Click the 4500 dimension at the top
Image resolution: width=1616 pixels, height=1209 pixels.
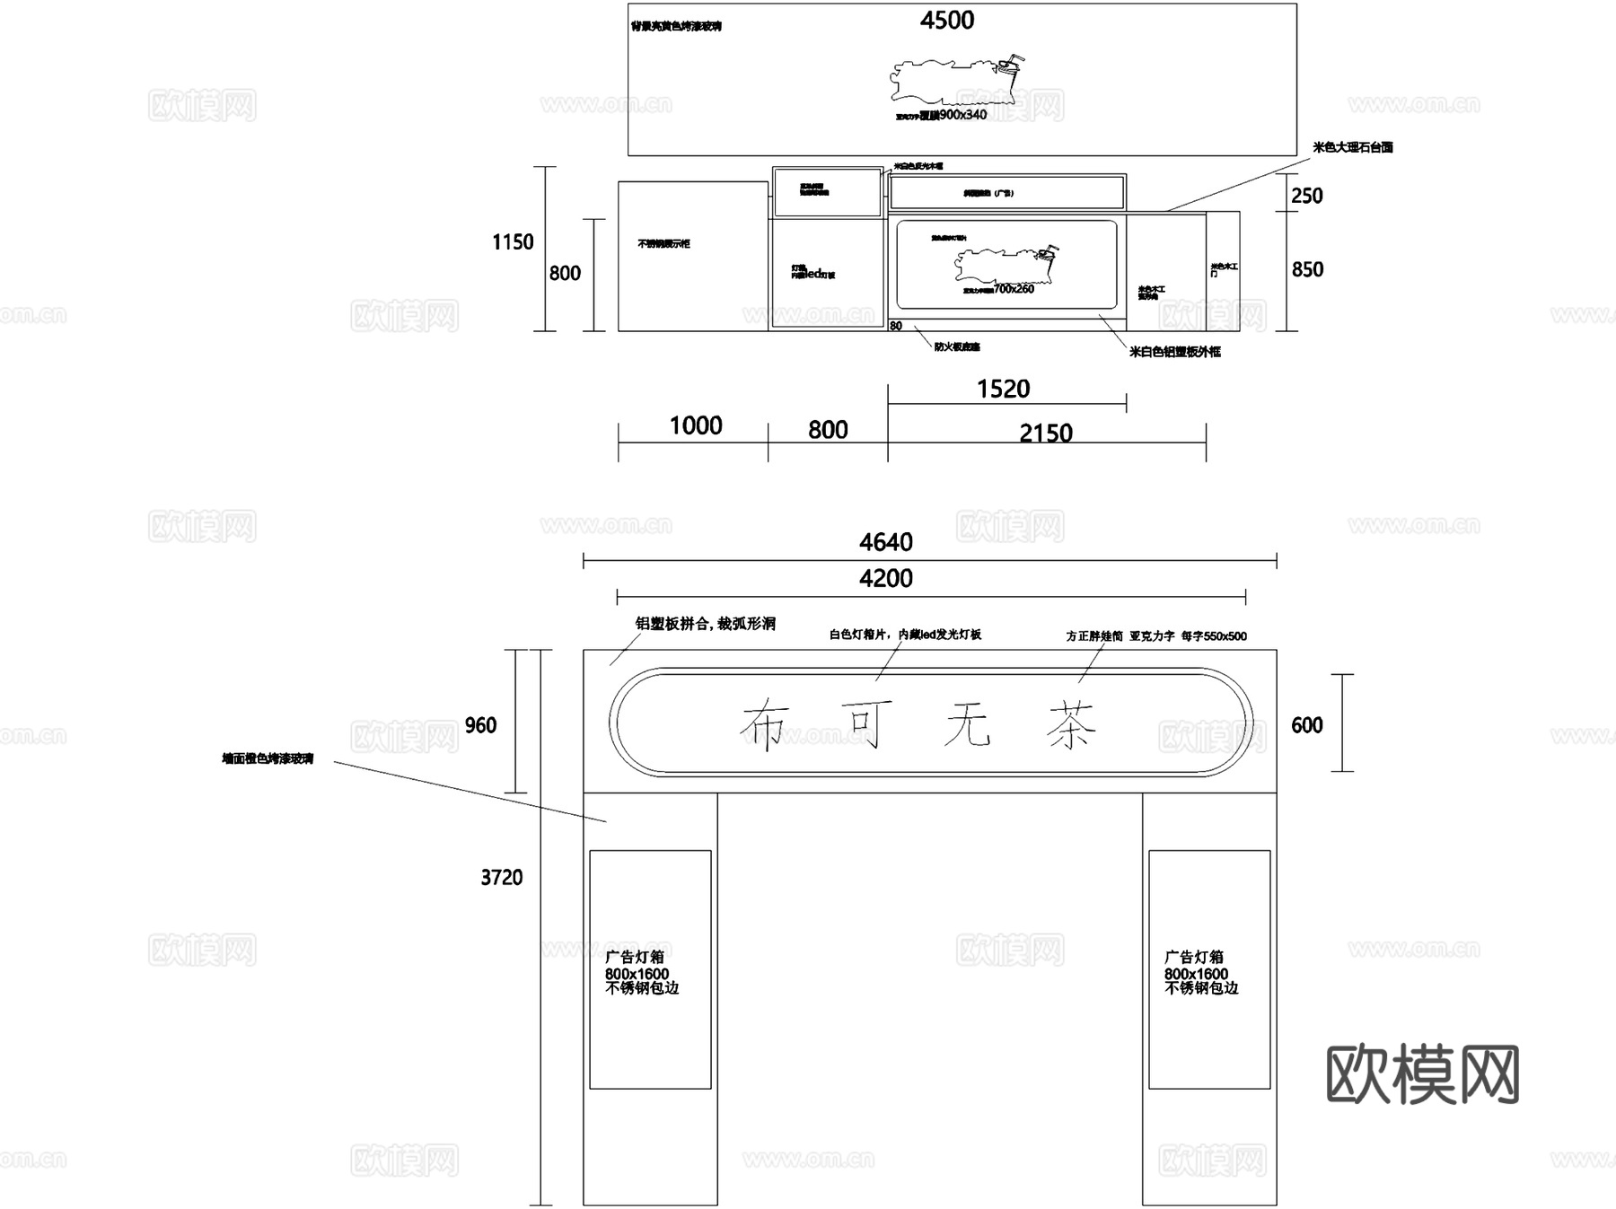tap(946, 21)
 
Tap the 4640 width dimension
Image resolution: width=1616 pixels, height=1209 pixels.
tap(885, 542)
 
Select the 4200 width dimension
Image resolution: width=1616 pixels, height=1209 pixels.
tap(885, 579)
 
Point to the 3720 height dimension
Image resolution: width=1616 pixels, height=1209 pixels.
tap(501, 878)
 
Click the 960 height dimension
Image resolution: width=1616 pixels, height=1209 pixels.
tap(480, 725)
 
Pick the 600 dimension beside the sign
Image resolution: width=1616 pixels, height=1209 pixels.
tap(1306, 725)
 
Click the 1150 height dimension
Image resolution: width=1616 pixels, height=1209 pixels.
tap(512, 242)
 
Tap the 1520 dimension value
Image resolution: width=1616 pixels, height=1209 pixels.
tap(1003, 389)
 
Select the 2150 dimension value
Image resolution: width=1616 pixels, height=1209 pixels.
tap(1046, 434)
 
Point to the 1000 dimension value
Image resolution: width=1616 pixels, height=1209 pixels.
tap(696, 425)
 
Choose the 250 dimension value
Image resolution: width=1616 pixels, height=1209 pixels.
tap(1306, 196)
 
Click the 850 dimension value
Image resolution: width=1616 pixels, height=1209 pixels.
tap(1306, 269)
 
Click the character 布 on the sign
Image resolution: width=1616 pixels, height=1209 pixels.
tap(765, 725)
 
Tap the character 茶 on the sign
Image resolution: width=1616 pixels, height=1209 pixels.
tap(1071, 725)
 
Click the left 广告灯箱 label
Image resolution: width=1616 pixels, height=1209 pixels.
tap(635, 957)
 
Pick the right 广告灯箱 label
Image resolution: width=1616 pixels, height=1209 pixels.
tap(1194, 957)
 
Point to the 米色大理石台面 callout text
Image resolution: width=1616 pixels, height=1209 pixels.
tap(1352, 147)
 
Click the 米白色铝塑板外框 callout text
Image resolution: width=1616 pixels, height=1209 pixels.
tap(1174, 352)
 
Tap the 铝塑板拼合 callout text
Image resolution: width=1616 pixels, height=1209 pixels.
tap(705, 624)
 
